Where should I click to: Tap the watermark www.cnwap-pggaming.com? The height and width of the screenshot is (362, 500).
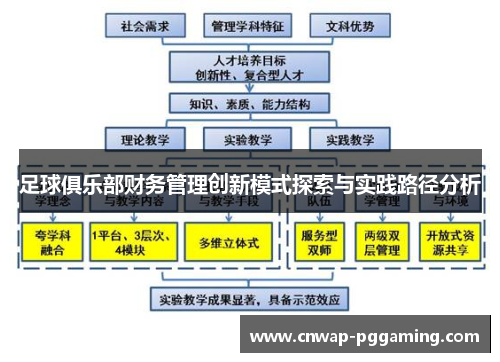pyautogui.click(x=368, y=337)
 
